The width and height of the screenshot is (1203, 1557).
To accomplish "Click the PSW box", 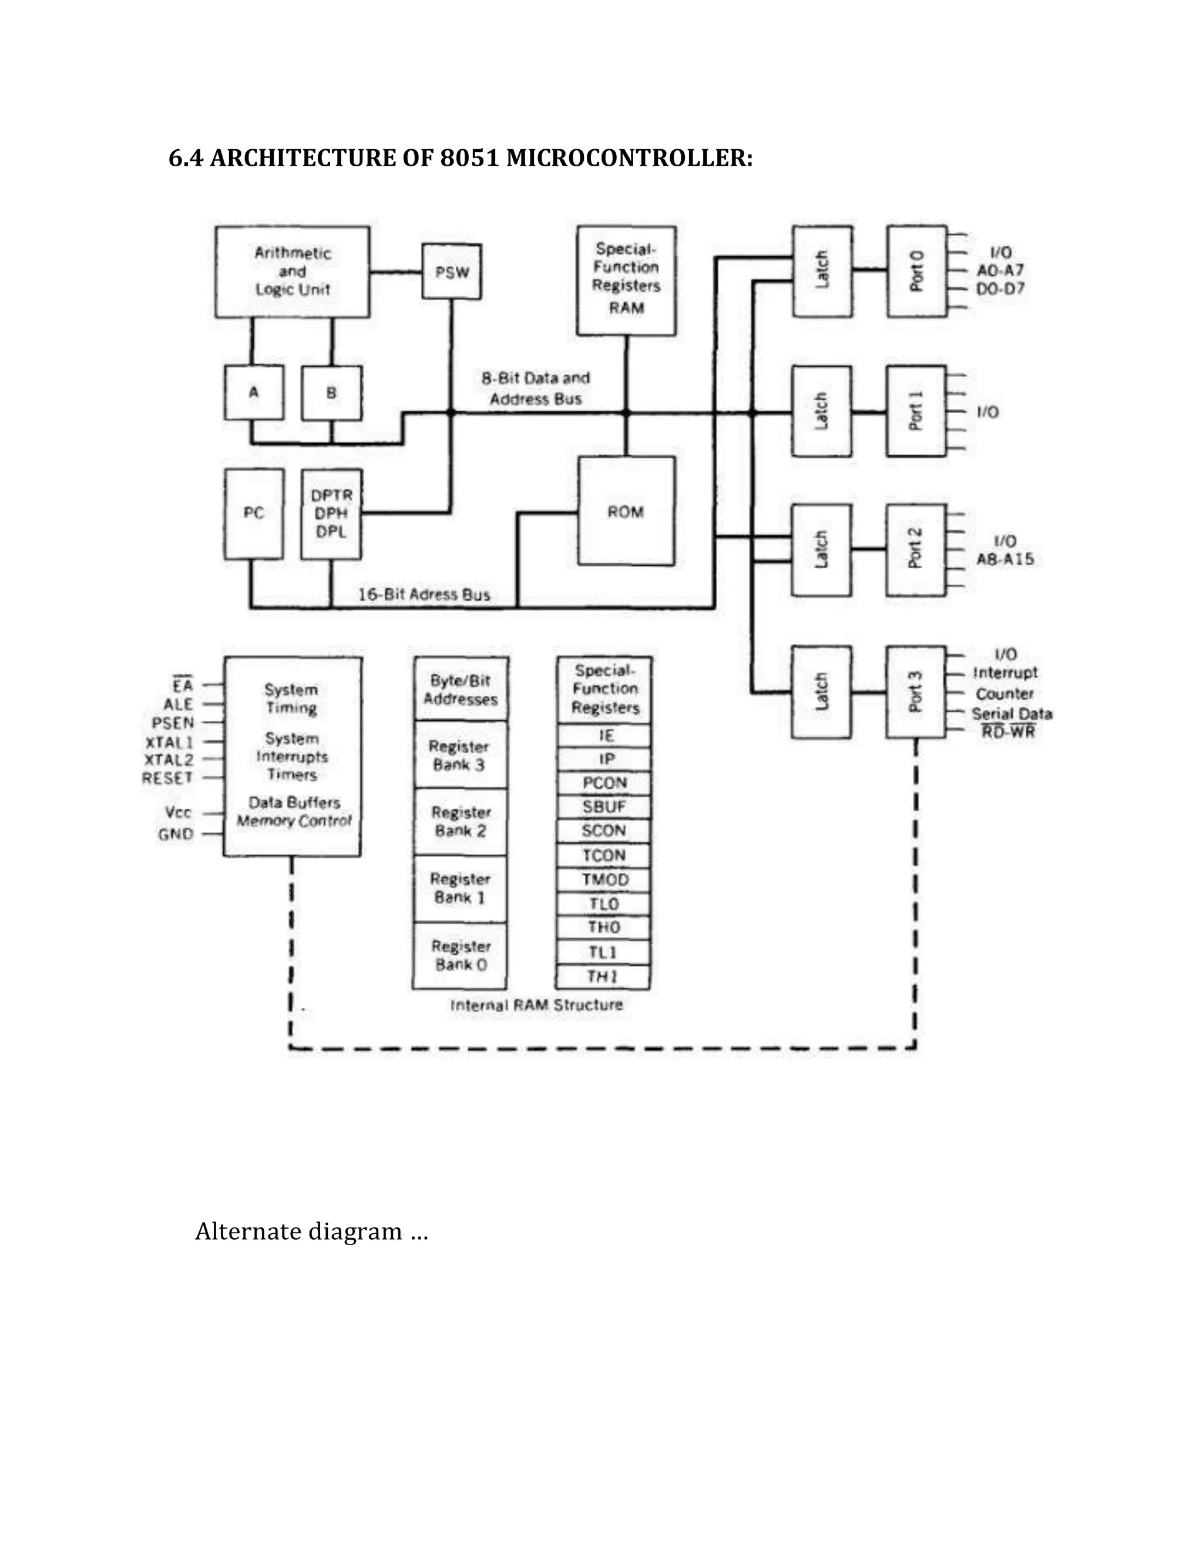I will pos(451,271).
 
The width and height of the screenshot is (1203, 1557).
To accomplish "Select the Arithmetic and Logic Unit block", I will pos(292,271).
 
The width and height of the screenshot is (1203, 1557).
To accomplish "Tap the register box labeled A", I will pos(254,392).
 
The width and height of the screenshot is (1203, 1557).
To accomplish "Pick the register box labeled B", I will pos(331,392).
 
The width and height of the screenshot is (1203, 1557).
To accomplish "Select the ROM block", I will pos(626,511).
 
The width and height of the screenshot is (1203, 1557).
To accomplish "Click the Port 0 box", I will pos(916,271).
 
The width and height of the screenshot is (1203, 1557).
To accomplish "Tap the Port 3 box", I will pos(916,691).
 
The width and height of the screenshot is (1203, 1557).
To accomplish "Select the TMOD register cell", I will pos(604,879).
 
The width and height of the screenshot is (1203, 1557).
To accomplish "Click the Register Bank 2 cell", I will pos(461,821).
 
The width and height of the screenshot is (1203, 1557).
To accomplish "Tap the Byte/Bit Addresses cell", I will pos(461,689).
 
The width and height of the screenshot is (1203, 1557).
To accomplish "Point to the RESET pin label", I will pos(167,778).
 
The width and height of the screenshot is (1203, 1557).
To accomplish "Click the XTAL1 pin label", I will pos(170,741).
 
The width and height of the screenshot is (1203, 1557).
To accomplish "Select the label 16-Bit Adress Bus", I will pos(424,594).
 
